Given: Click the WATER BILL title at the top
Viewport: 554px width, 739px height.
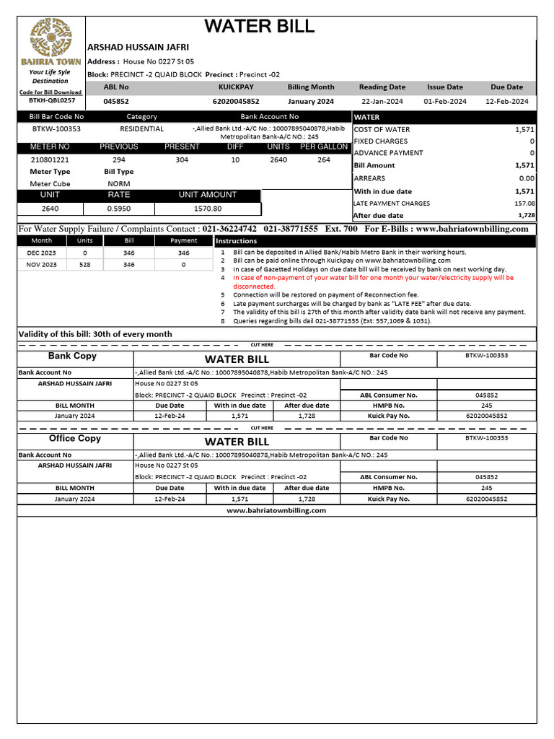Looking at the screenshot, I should click(x=259, y=27).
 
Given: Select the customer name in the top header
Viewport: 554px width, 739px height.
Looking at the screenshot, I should click(x=138, y=47).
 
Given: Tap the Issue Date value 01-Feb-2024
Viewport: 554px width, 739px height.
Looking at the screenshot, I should click(x=445, y=102).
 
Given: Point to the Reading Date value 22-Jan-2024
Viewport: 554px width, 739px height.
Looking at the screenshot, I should click(x=382, y=102).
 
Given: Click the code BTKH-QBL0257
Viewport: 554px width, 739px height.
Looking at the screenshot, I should click(x=50, y=101).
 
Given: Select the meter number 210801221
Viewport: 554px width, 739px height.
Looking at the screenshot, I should click(x=50, y=159).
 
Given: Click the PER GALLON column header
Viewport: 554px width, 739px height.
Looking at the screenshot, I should click(x=324, y=147).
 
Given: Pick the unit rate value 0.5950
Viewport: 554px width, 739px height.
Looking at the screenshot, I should click(x=119, y=209).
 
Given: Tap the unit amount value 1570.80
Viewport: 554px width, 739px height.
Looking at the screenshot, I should click(x=208, y=209).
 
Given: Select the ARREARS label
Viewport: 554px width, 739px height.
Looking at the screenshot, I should click(x=369, y=178).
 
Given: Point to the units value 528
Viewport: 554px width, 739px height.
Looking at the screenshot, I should click(x=85, y=265).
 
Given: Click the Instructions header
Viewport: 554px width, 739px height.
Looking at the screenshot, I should click(x=236, y=241).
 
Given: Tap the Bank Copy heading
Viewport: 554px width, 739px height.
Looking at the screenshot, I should click(x=72, y=357).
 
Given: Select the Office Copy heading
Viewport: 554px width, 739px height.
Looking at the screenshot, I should click(x=74, y=439).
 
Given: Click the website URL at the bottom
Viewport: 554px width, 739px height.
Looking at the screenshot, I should click(x=276, y=510).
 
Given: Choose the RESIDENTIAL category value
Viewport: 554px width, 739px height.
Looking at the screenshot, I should click(x=141, y=129).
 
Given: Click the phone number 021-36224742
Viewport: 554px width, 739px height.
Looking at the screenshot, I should click(x=229, y=229).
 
